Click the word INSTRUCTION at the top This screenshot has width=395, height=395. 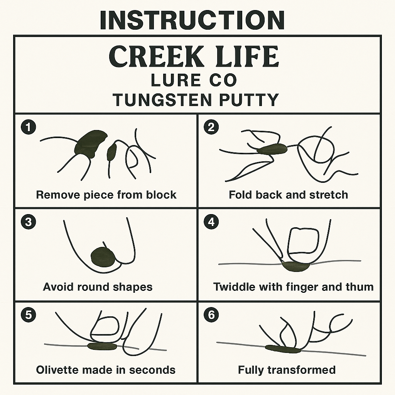click(192, 20)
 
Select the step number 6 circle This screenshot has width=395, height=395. click(211, 315)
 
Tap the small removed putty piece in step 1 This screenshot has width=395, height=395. click(111, 152)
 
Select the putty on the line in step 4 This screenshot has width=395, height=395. click(295, 265)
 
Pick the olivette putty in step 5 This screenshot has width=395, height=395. click(102, 346)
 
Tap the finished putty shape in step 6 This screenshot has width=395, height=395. click(283, 349)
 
